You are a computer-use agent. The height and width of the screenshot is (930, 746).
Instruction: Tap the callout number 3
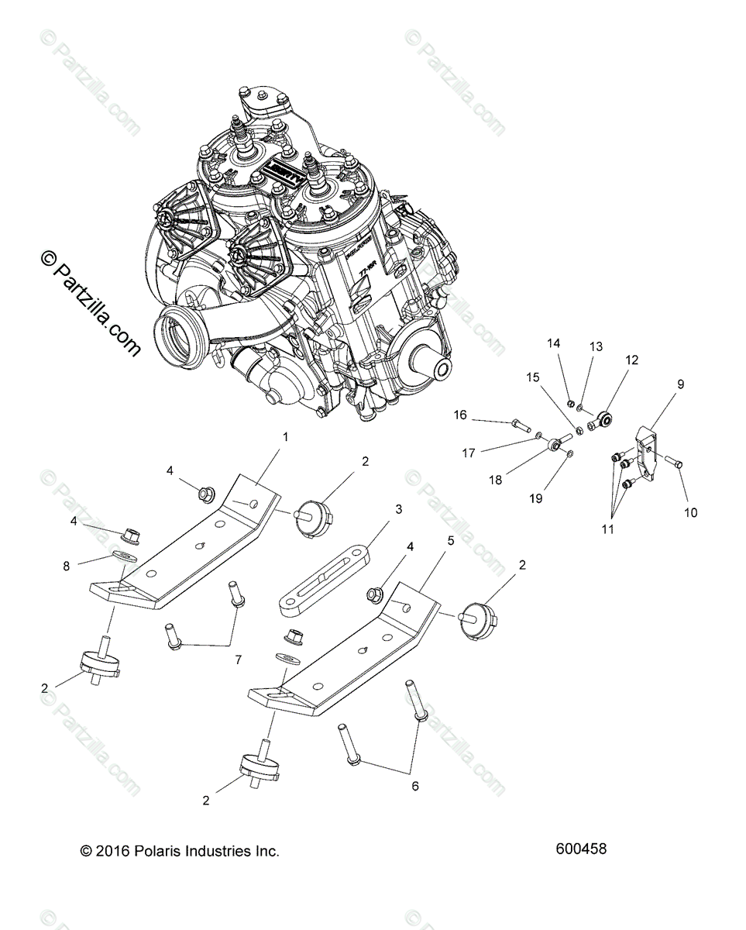tap(399, 509)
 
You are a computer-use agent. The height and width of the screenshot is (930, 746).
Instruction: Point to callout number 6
tap(415, 786)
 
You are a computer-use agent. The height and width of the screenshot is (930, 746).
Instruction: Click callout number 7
tap(238, 660)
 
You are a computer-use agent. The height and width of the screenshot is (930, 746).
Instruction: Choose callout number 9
tap(681, 384)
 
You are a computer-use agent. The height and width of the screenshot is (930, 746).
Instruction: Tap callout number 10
tap(691, 512)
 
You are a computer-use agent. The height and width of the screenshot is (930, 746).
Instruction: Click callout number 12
tap(632, 360)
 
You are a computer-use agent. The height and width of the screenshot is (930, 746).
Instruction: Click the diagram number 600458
tap(581, 849)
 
